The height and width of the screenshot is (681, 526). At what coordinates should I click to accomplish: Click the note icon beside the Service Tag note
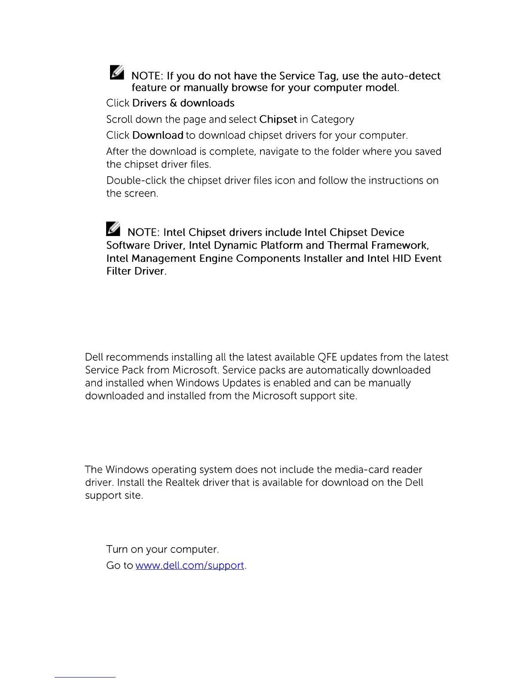(x=116, y=72)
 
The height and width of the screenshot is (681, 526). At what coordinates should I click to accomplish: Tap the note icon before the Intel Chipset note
(x=113, y=229)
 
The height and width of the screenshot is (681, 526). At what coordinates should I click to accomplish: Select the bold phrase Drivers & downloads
(x=183, y=103)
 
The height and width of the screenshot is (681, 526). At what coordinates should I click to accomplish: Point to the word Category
(x=333, y=120)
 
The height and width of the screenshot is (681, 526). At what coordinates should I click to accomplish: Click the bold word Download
(x=158, y=135)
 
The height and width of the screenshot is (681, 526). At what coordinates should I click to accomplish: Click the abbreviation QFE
(x=327, y=357)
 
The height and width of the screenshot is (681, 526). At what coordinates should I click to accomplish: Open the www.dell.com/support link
(x=190, y=565)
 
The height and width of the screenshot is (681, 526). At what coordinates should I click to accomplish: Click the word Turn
(x=117, y=549)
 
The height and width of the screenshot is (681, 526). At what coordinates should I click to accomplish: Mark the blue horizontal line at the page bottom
(x=85, y=677)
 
